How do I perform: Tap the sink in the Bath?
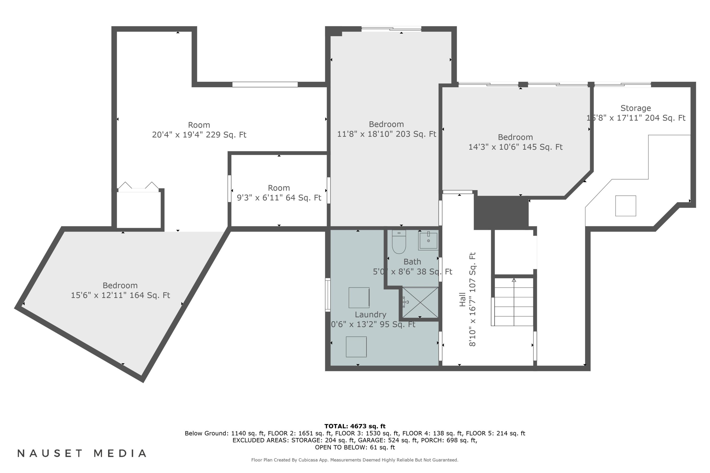(x=428, y=241)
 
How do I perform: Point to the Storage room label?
(x=635, y=108)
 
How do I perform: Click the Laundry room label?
(x=370, y=315)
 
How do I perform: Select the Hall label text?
(x=462, y=300)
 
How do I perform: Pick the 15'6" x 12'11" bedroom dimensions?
(x=120, y=295)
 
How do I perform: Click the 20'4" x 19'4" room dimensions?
(x=199, y=135)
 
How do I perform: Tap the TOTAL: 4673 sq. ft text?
(x=355, y=426)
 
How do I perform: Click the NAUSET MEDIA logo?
(x=82, y=453)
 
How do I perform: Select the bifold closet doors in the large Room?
(x=138, y=187)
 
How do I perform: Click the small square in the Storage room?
(x=626, y=206)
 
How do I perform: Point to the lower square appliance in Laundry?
(x=356, y=347)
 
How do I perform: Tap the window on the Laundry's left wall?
(x=328, y=295)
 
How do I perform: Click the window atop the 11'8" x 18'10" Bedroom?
(x=391, y=29)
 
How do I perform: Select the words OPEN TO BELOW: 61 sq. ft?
(x=355, y=447)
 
